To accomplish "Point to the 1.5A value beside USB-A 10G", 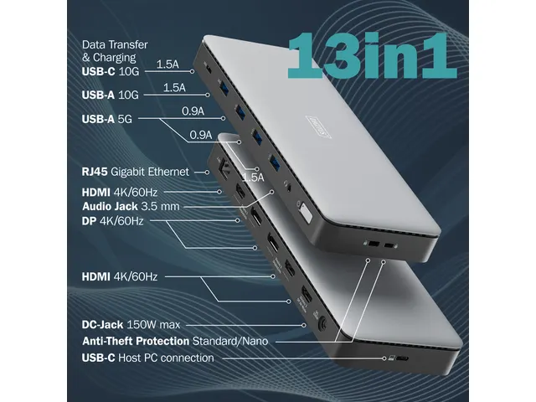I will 174,87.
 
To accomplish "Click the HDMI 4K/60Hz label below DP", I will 120,276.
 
